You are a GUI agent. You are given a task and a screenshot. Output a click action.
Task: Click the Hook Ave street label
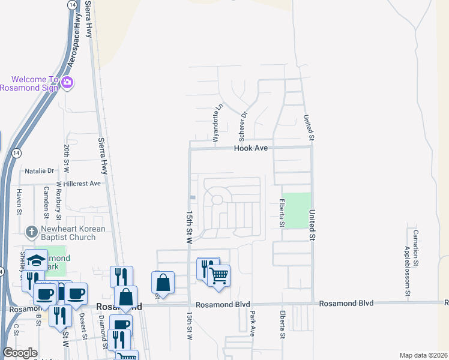tap(250, 148)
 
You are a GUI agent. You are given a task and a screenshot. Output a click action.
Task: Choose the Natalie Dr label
tap(40, 171)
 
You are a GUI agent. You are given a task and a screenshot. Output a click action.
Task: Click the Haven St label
tap(19, 201)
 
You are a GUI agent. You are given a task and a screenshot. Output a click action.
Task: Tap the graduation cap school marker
tap(37, 260)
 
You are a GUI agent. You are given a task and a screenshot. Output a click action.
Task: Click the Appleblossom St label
tap(407, 264)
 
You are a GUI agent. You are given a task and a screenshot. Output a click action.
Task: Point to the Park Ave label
tap(253, 323)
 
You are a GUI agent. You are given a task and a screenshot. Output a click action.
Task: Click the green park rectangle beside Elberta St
tap(297, 210)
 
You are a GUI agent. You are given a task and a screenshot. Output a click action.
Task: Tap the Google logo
tap(20, 353)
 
